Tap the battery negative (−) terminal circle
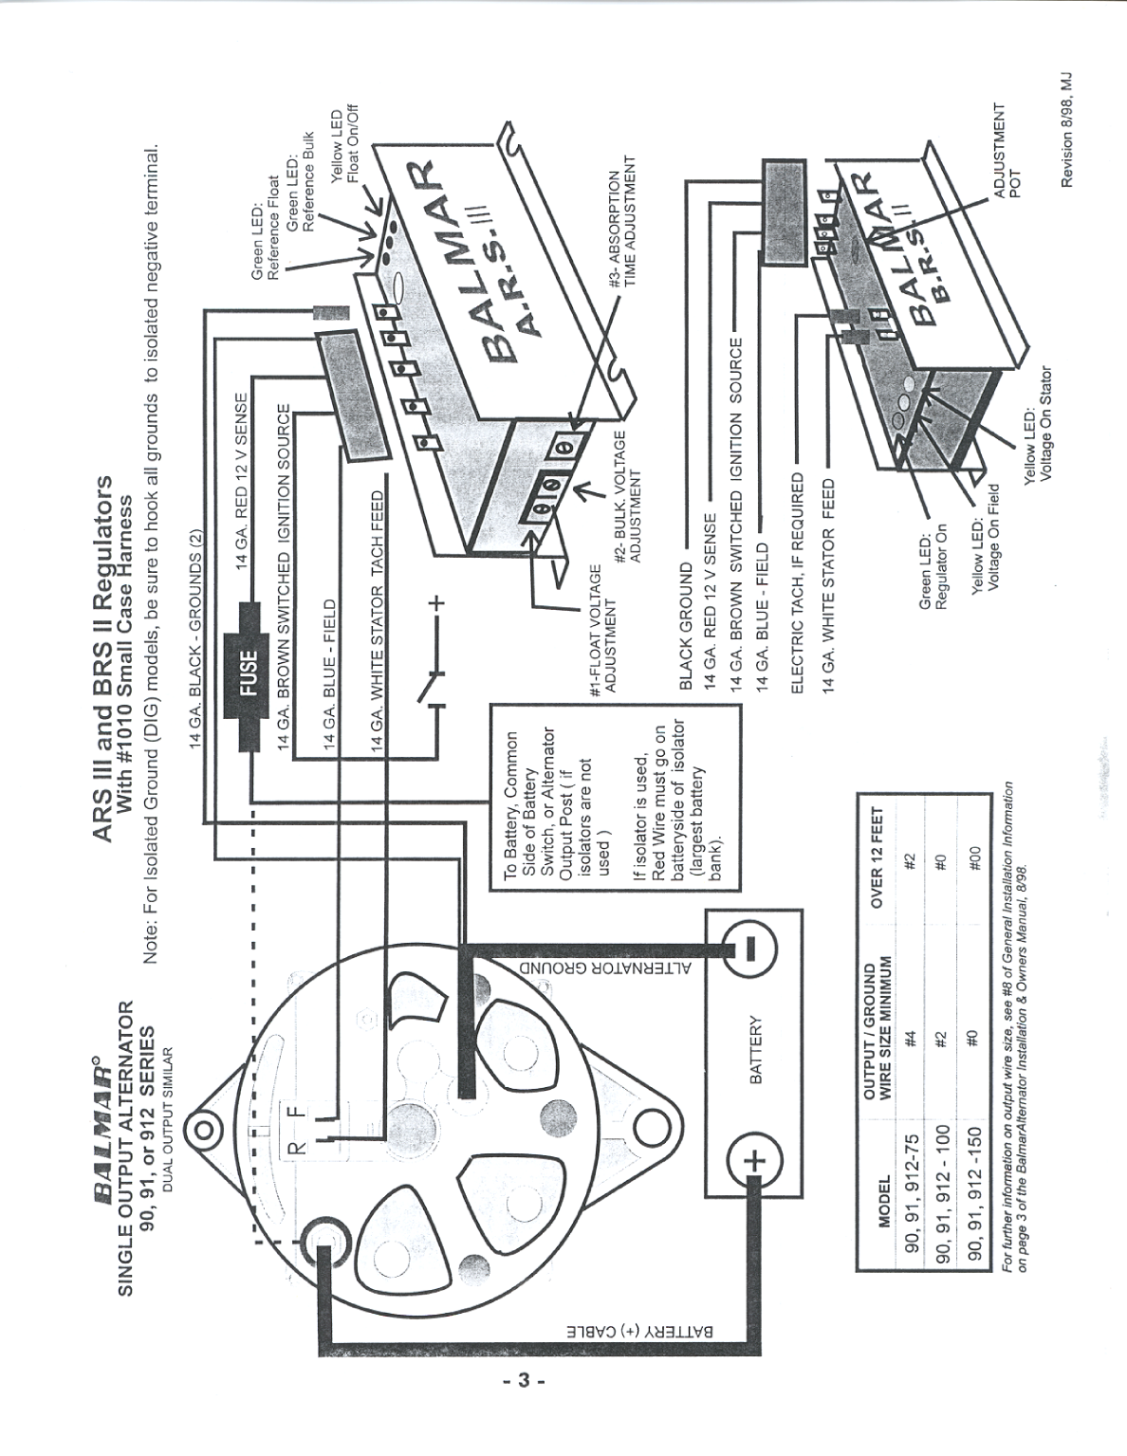(x=748, y=948)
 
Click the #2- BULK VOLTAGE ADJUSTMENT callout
(x=630, y=497)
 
